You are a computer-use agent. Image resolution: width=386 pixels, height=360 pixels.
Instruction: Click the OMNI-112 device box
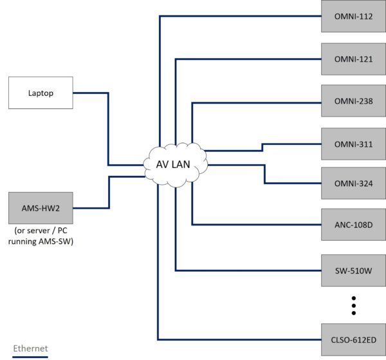pos(353,17)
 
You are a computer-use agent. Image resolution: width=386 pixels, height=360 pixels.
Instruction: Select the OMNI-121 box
pos(353,59)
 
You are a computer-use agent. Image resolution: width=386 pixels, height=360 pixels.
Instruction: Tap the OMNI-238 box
pos(353,101)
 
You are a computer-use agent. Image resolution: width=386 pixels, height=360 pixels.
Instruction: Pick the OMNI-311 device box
pos(353,144)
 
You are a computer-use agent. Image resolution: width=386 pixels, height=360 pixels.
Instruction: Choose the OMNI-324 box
pos(353,184)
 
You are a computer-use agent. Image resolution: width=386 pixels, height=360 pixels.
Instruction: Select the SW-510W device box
pos(353,270)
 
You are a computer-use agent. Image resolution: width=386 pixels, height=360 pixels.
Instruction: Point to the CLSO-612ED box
pos(353,339)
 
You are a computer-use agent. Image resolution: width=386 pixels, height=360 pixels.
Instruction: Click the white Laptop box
pos(41,93)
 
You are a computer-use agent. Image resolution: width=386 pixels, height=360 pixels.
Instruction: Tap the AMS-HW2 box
pos(41,207)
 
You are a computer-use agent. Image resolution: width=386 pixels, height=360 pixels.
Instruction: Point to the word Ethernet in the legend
pos(30,348)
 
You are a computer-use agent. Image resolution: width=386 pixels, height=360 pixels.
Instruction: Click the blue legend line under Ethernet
pos(30,356)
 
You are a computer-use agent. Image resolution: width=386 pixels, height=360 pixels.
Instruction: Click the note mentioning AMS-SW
pos(41,236)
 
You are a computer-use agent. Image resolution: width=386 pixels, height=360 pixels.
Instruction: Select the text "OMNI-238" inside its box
pos(353,101)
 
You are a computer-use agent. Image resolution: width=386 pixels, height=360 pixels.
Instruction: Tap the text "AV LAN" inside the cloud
pos(174,164)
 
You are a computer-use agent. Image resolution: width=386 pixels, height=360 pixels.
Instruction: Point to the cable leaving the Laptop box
pos(90,93)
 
